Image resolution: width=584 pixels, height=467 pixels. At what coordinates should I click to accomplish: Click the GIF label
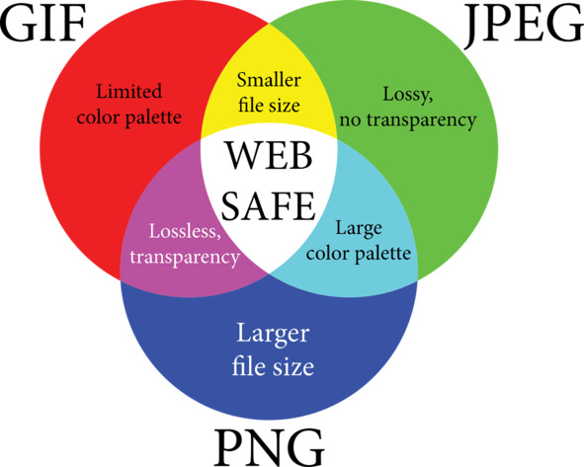[42, 22]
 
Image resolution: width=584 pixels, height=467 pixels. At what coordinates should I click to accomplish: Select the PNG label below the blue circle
[269, 447]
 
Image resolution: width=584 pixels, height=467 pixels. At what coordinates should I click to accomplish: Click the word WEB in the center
[270, 156]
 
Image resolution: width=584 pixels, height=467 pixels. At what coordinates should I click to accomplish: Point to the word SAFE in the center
[269, 205]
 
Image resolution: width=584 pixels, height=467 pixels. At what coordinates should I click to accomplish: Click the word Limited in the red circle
[128, 91]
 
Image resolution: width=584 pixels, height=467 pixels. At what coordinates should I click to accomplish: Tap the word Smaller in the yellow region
[269, 80]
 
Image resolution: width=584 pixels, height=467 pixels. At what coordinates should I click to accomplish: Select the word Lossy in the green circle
[408, 94]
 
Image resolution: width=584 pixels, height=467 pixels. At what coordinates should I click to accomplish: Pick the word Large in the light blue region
[359, 228]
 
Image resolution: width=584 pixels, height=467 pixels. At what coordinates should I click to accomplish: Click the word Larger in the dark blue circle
[273, 334]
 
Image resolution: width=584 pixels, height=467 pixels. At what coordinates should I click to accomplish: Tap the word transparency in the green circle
[422, 120]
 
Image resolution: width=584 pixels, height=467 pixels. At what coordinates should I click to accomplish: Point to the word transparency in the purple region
[185, 258]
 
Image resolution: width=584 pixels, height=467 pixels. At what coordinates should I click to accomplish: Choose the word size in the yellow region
[286, 106]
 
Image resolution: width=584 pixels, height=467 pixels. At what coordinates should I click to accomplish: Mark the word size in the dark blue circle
[293, 367]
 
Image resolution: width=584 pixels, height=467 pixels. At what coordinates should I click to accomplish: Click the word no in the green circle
[350, 120]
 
